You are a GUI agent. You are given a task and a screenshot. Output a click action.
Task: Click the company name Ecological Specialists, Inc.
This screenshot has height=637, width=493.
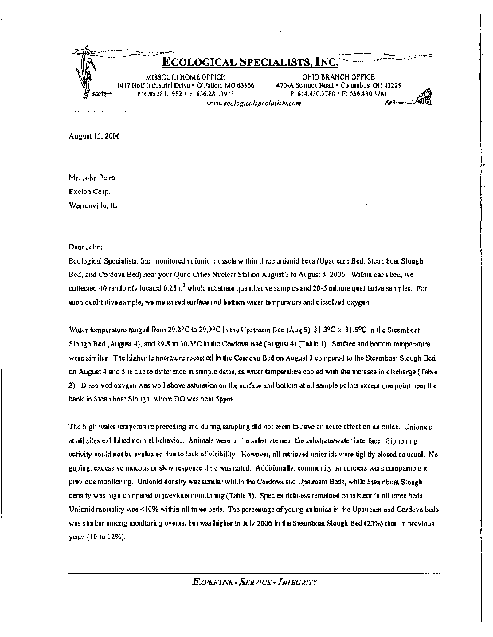pos(250,62)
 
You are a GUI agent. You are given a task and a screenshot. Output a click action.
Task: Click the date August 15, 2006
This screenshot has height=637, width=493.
pos(94,136)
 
